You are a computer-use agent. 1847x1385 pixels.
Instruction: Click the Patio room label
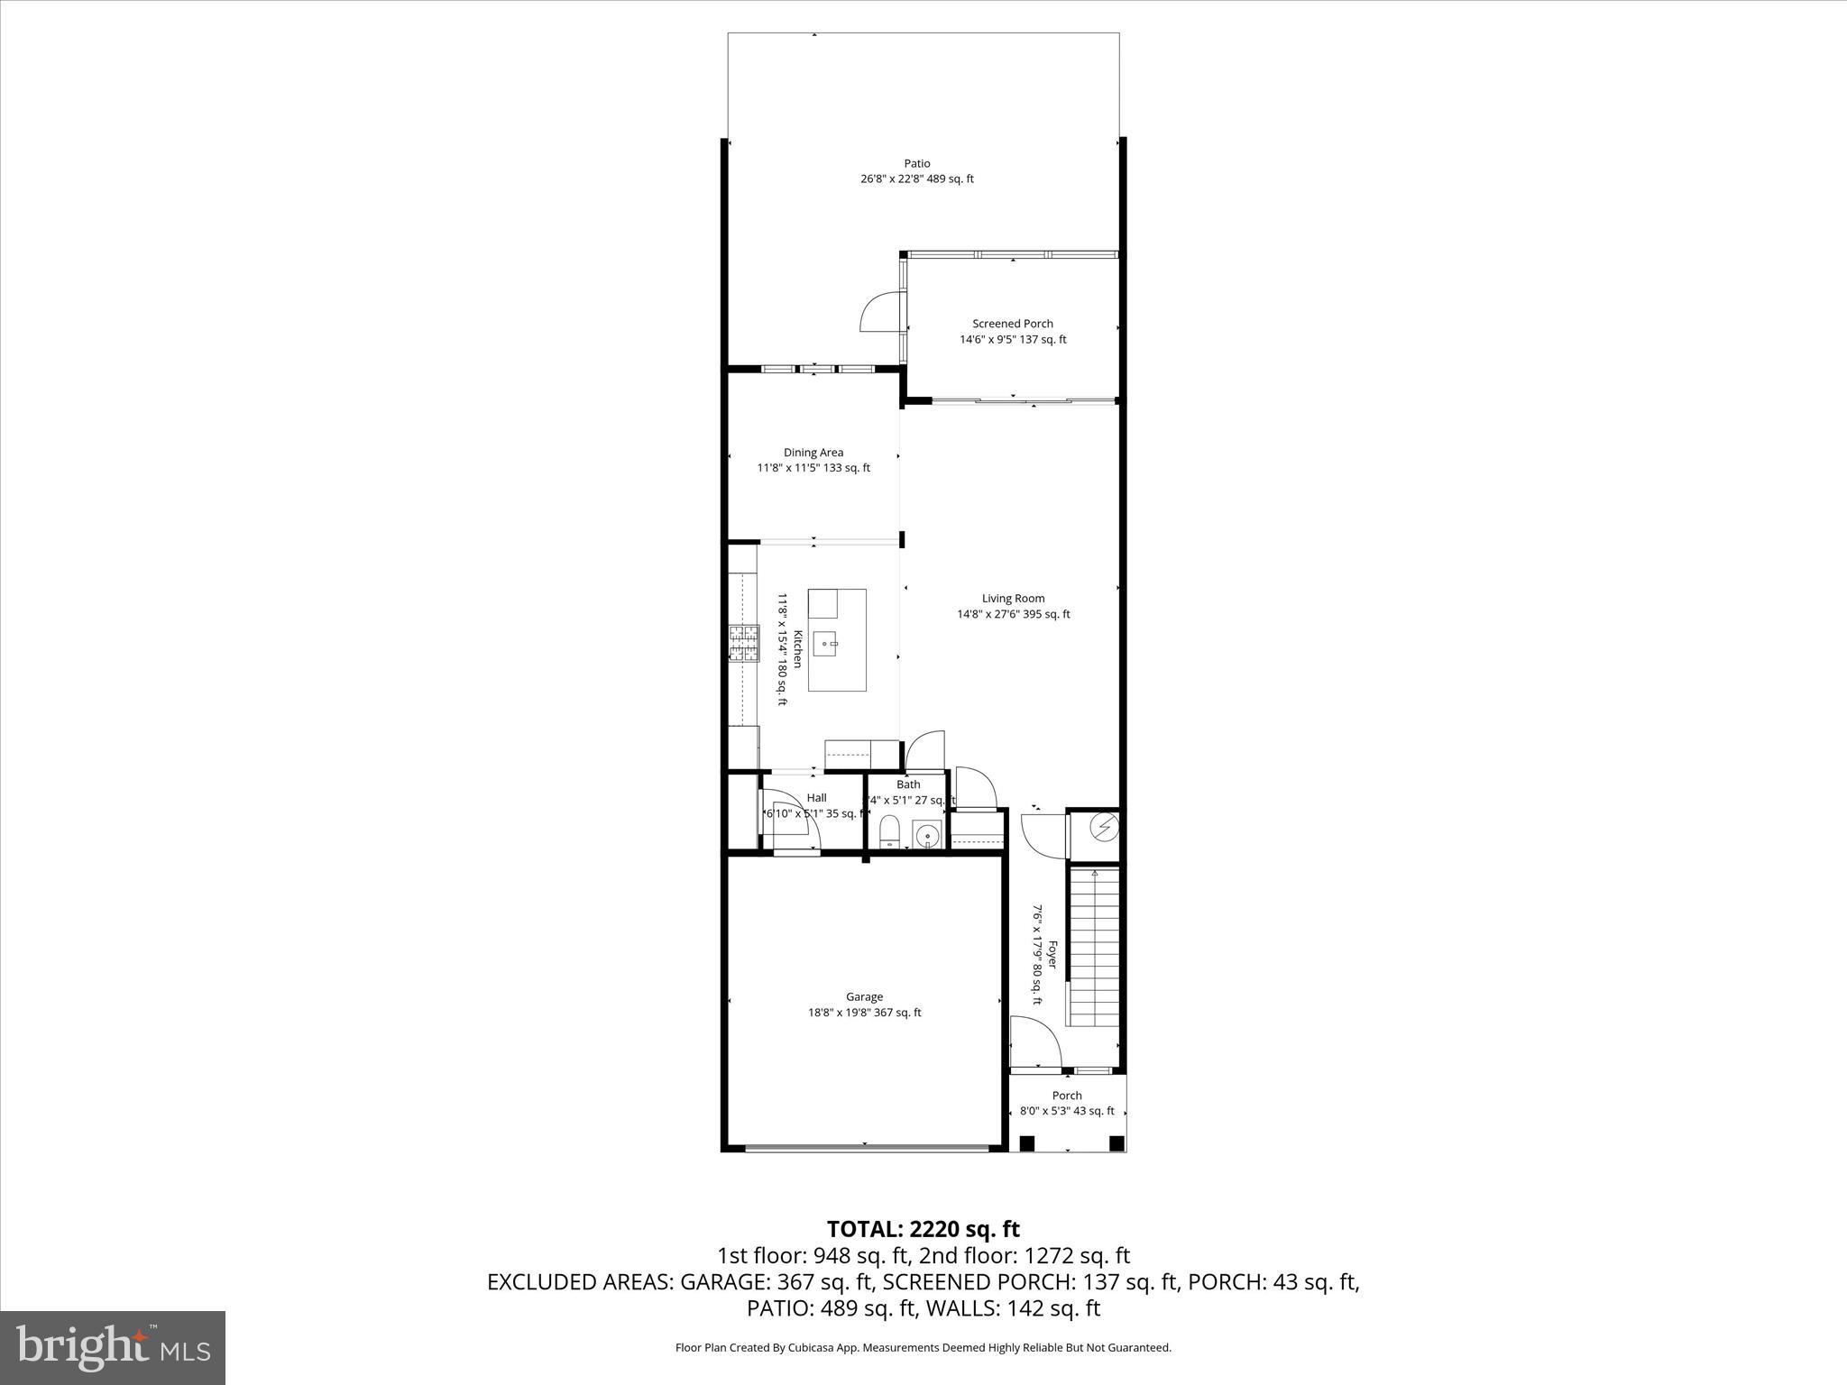(917, 163)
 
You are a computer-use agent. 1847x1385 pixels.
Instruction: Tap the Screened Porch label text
(1012, 324)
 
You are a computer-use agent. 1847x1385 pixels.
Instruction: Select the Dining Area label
(813, 453)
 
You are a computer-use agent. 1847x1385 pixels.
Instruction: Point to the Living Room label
(1013, 598)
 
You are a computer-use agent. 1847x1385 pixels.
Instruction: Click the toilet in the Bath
(889, 831)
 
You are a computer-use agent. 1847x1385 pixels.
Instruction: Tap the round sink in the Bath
(927, 835)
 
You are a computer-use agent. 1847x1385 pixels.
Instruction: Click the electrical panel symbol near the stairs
(1105, 825)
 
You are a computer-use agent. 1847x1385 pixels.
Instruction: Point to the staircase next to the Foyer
(1093, 947)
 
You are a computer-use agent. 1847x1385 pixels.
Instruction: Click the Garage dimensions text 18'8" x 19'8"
(864, 1013)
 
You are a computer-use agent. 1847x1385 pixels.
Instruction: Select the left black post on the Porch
(1027, 1143)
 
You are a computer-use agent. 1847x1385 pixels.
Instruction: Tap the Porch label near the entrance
(1067, 1096)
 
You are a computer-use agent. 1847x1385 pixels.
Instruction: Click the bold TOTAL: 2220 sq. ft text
(923, 1229)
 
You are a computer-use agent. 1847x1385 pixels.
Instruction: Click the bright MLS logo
(113, 1347)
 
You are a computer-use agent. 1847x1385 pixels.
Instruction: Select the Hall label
(816, 798)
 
